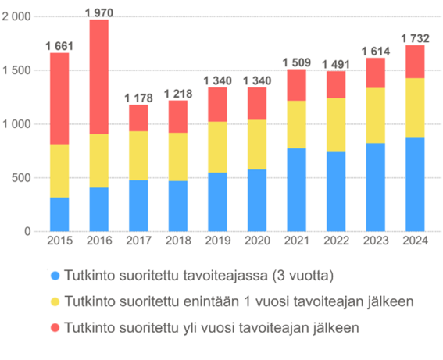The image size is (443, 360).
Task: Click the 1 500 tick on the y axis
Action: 16,70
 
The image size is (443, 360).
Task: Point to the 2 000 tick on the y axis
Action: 16,16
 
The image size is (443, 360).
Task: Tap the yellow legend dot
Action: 54,301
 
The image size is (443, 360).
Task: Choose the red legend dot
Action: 54,328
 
